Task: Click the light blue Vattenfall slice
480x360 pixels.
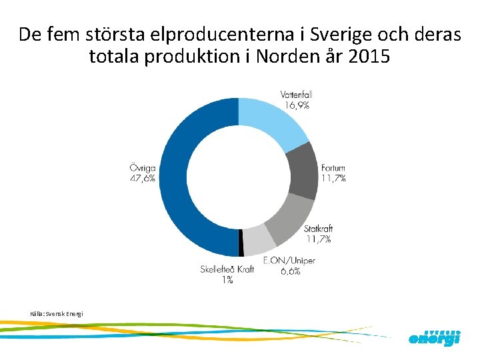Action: [270, 123]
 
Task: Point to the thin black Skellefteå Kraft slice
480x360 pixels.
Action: [241, 244]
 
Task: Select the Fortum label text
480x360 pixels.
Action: [333, 167]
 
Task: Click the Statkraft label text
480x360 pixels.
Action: [318, 228]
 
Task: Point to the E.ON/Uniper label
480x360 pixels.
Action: [289, 260]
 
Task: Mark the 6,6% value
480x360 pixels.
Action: [288, 271]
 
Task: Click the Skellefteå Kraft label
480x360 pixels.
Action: [227, 270]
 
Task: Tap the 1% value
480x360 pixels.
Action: [227, 280]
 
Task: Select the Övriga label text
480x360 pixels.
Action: [142, 167]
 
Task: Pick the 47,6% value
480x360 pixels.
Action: [142, 178]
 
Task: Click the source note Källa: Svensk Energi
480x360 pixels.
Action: [57, 313]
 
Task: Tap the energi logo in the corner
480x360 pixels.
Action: [434, 337]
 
